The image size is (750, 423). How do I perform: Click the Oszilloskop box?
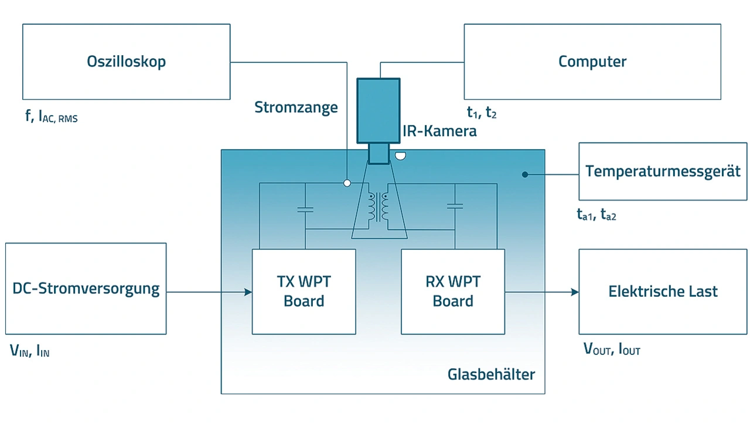126,62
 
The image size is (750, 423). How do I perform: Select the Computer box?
592,62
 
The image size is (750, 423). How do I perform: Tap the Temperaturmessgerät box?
663,171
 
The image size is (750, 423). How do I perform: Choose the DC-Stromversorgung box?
86,289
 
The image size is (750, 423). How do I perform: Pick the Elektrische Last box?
663,292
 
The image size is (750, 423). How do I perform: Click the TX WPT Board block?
304,292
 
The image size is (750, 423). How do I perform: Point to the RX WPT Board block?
452,292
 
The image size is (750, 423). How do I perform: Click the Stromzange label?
296,107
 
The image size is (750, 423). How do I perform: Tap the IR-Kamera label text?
439,131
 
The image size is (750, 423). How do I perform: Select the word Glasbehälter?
491,374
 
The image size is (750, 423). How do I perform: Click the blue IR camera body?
379,110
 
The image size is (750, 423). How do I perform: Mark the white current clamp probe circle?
347,183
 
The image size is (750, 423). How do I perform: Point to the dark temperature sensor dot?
525,174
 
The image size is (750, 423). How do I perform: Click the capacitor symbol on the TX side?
305,209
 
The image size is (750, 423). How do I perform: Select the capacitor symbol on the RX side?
455,206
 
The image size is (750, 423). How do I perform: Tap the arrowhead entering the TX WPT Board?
247,292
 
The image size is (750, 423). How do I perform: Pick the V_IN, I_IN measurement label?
29,351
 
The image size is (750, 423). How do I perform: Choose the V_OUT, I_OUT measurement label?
611,350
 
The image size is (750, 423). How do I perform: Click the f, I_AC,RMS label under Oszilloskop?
52,117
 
